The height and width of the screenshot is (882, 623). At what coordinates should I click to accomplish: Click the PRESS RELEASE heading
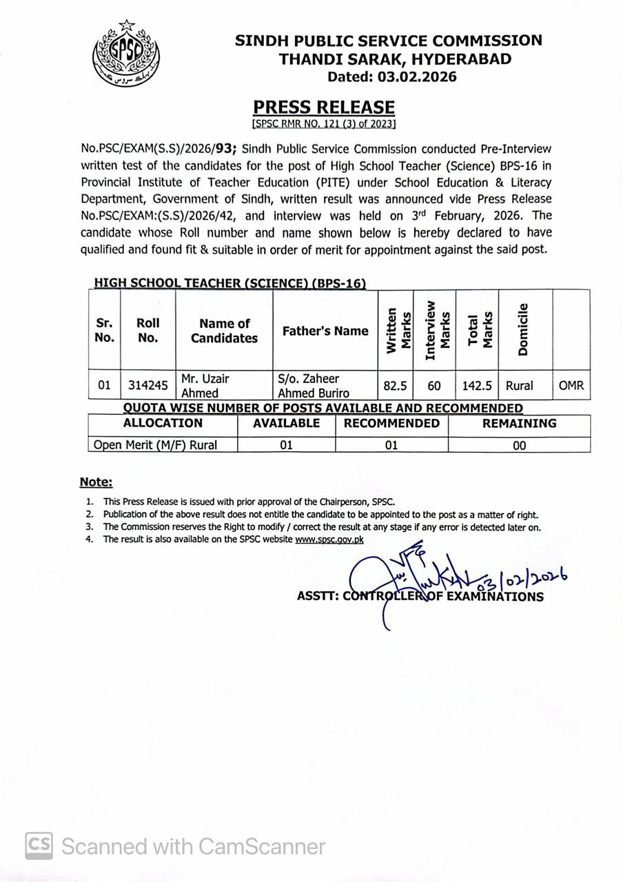point(324,107)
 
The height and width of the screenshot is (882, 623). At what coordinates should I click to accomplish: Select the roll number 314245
point(148,385)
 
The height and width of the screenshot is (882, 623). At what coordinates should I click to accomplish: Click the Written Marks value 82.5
point(395,385)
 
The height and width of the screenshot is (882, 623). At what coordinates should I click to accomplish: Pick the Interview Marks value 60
point(434,385)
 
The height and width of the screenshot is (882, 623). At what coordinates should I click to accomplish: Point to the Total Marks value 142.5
point(477,385)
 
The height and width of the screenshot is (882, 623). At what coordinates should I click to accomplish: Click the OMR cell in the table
point(571,385)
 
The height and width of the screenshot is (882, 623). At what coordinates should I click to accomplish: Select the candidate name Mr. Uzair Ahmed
point(205,386)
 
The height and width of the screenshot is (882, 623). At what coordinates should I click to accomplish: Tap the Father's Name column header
point(325,331)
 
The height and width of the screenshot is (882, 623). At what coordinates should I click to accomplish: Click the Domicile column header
point(524,329)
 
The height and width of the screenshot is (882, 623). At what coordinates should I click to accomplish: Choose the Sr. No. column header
point(104,330)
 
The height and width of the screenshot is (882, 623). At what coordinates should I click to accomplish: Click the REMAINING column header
point(519,423)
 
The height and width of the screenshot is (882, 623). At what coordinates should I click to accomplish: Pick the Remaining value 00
point(519,445)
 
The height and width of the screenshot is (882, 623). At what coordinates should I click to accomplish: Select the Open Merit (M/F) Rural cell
point(156,445)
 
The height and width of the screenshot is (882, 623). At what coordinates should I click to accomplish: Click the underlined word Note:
point(96,482)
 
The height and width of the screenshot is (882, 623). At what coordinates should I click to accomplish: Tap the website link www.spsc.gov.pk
point(329,540)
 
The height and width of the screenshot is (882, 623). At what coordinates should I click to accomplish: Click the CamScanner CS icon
point(39,845)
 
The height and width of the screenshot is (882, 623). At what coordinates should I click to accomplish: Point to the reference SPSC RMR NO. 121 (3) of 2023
point(324,124)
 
